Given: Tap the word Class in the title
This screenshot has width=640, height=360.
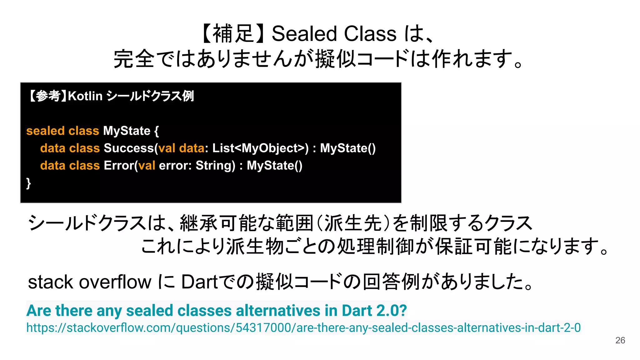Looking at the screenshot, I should tap(370, 33).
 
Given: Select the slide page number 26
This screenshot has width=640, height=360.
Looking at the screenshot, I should tap(620, 340).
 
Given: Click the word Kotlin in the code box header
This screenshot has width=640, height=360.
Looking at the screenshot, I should tap(85, 96).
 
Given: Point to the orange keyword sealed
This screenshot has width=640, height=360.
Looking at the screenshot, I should tap(45, 131).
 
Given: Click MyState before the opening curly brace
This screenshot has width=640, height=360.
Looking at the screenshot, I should tap(127, 131).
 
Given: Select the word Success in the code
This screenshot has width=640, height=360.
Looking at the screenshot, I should tap(129, 148).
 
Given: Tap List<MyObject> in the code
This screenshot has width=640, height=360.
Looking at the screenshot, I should tap(258, 148).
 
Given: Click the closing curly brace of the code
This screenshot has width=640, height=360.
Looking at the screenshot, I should tap(28, 183).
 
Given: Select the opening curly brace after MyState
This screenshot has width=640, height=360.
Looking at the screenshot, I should tap(157, 131).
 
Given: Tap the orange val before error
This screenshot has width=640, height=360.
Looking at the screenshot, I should tap(147, 165).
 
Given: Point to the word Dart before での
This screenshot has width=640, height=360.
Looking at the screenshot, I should tap(199, 282).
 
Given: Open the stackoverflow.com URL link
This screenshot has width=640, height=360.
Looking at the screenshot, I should tap(303, 327).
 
